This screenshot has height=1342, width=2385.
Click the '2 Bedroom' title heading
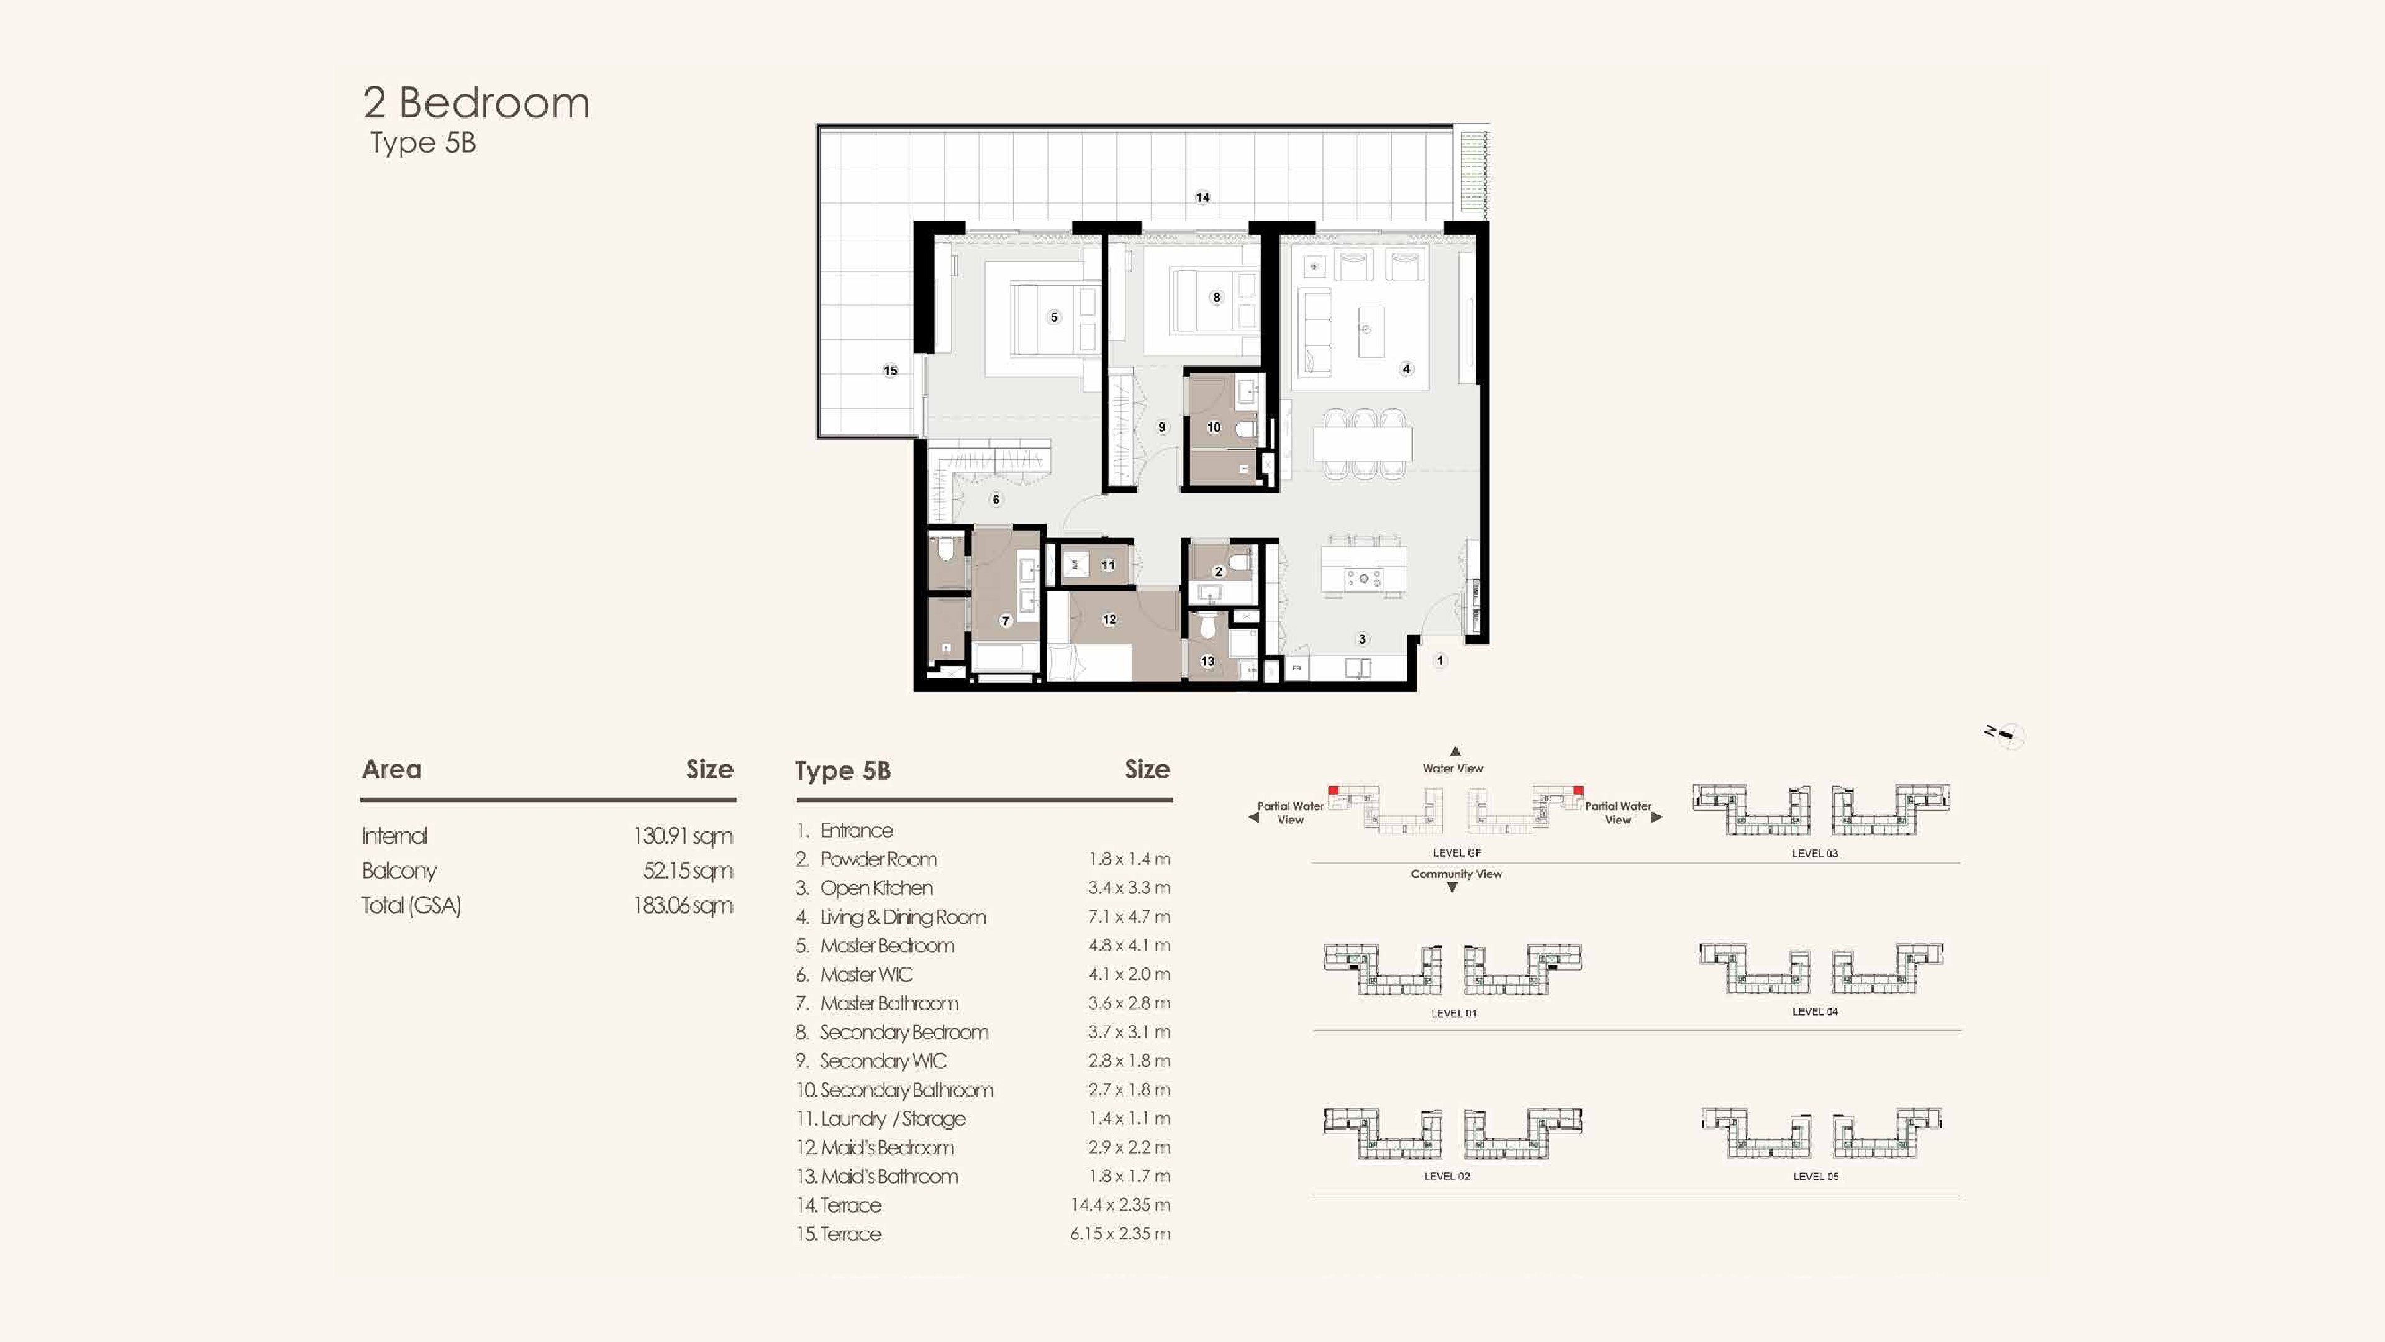click(476, 103)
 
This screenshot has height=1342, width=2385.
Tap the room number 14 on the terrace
click(1202, 198)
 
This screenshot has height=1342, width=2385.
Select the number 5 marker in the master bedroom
click(1053, 317)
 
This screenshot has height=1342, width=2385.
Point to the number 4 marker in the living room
click(1406, 368)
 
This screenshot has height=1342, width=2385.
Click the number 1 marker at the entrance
click(1440, 660)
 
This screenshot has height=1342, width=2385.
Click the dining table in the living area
click(1363, 444)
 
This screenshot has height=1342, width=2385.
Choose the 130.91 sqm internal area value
click(683, 836)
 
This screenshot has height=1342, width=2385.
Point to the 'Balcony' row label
click(399, 870)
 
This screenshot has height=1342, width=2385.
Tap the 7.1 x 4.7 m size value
click(1129, 917)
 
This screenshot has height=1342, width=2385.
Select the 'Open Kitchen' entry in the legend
click(876, 888)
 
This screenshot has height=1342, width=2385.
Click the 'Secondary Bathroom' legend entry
click(906, 1090)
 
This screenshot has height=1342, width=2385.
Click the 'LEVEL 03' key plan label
click(1815, 853)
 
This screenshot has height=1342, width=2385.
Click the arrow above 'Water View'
click(1455, 751)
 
